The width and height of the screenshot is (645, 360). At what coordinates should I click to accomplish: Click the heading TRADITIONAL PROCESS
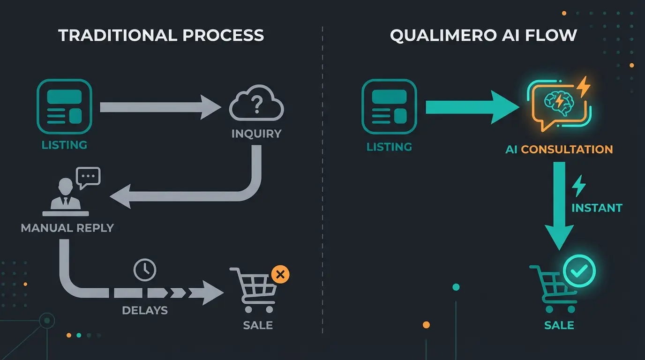pos(161,36)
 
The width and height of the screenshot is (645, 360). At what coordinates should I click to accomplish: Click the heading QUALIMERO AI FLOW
pos(483,36)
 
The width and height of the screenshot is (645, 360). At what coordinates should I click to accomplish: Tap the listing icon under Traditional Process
pos(64,107)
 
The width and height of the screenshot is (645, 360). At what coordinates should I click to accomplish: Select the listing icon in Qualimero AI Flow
pos(389,107)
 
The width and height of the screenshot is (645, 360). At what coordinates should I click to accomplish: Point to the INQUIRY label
pos(256,134)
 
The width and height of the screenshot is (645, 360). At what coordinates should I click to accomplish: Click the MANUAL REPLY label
pos(67,228)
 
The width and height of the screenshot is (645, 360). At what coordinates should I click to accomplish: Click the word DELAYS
pos(145,310)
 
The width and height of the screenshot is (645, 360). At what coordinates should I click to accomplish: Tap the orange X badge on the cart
pos(280,275)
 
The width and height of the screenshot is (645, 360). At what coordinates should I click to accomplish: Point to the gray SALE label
pos(258,325)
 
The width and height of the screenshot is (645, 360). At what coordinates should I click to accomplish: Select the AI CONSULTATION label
pos(559,150)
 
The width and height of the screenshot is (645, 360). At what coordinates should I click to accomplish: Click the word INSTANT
pos(597,208)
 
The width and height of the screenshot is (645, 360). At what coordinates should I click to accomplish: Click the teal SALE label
pos(559,325)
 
